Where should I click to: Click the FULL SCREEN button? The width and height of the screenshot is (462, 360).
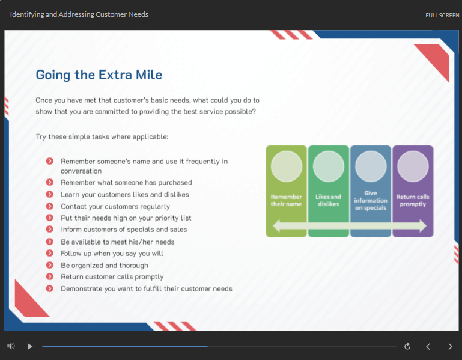(442, 16)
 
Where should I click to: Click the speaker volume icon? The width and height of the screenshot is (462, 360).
(11, 346)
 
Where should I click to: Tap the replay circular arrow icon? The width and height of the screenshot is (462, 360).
(407, 346)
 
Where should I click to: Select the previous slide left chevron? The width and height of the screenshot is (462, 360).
(428, 346)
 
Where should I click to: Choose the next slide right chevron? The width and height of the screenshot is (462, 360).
(450, 346)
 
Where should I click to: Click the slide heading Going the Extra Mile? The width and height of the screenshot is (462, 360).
(99, 75)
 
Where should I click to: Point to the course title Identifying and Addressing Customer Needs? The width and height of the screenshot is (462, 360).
(79, 14)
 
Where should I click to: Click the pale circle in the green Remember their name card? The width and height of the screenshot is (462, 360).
(287, 166)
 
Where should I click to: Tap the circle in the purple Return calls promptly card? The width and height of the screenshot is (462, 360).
(413, 166)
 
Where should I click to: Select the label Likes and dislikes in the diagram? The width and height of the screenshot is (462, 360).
(328, 200)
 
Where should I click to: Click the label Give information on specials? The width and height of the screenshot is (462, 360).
(371, 200)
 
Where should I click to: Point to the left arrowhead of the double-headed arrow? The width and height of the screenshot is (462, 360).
(273, 226)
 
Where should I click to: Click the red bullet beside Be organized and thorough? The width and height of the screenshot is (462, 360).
(49, 265)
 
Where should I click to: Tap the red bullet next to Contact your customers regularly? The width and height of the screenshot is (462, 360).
(49, 206)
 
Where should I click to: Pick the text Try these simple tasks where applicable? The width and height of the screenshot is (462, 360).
(102, 137)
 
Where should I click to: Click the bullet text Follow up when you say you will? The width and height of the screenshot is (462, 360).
(112, 253)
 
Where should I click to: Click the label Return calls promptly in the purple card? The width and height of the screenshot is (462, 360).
(413, 200)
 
